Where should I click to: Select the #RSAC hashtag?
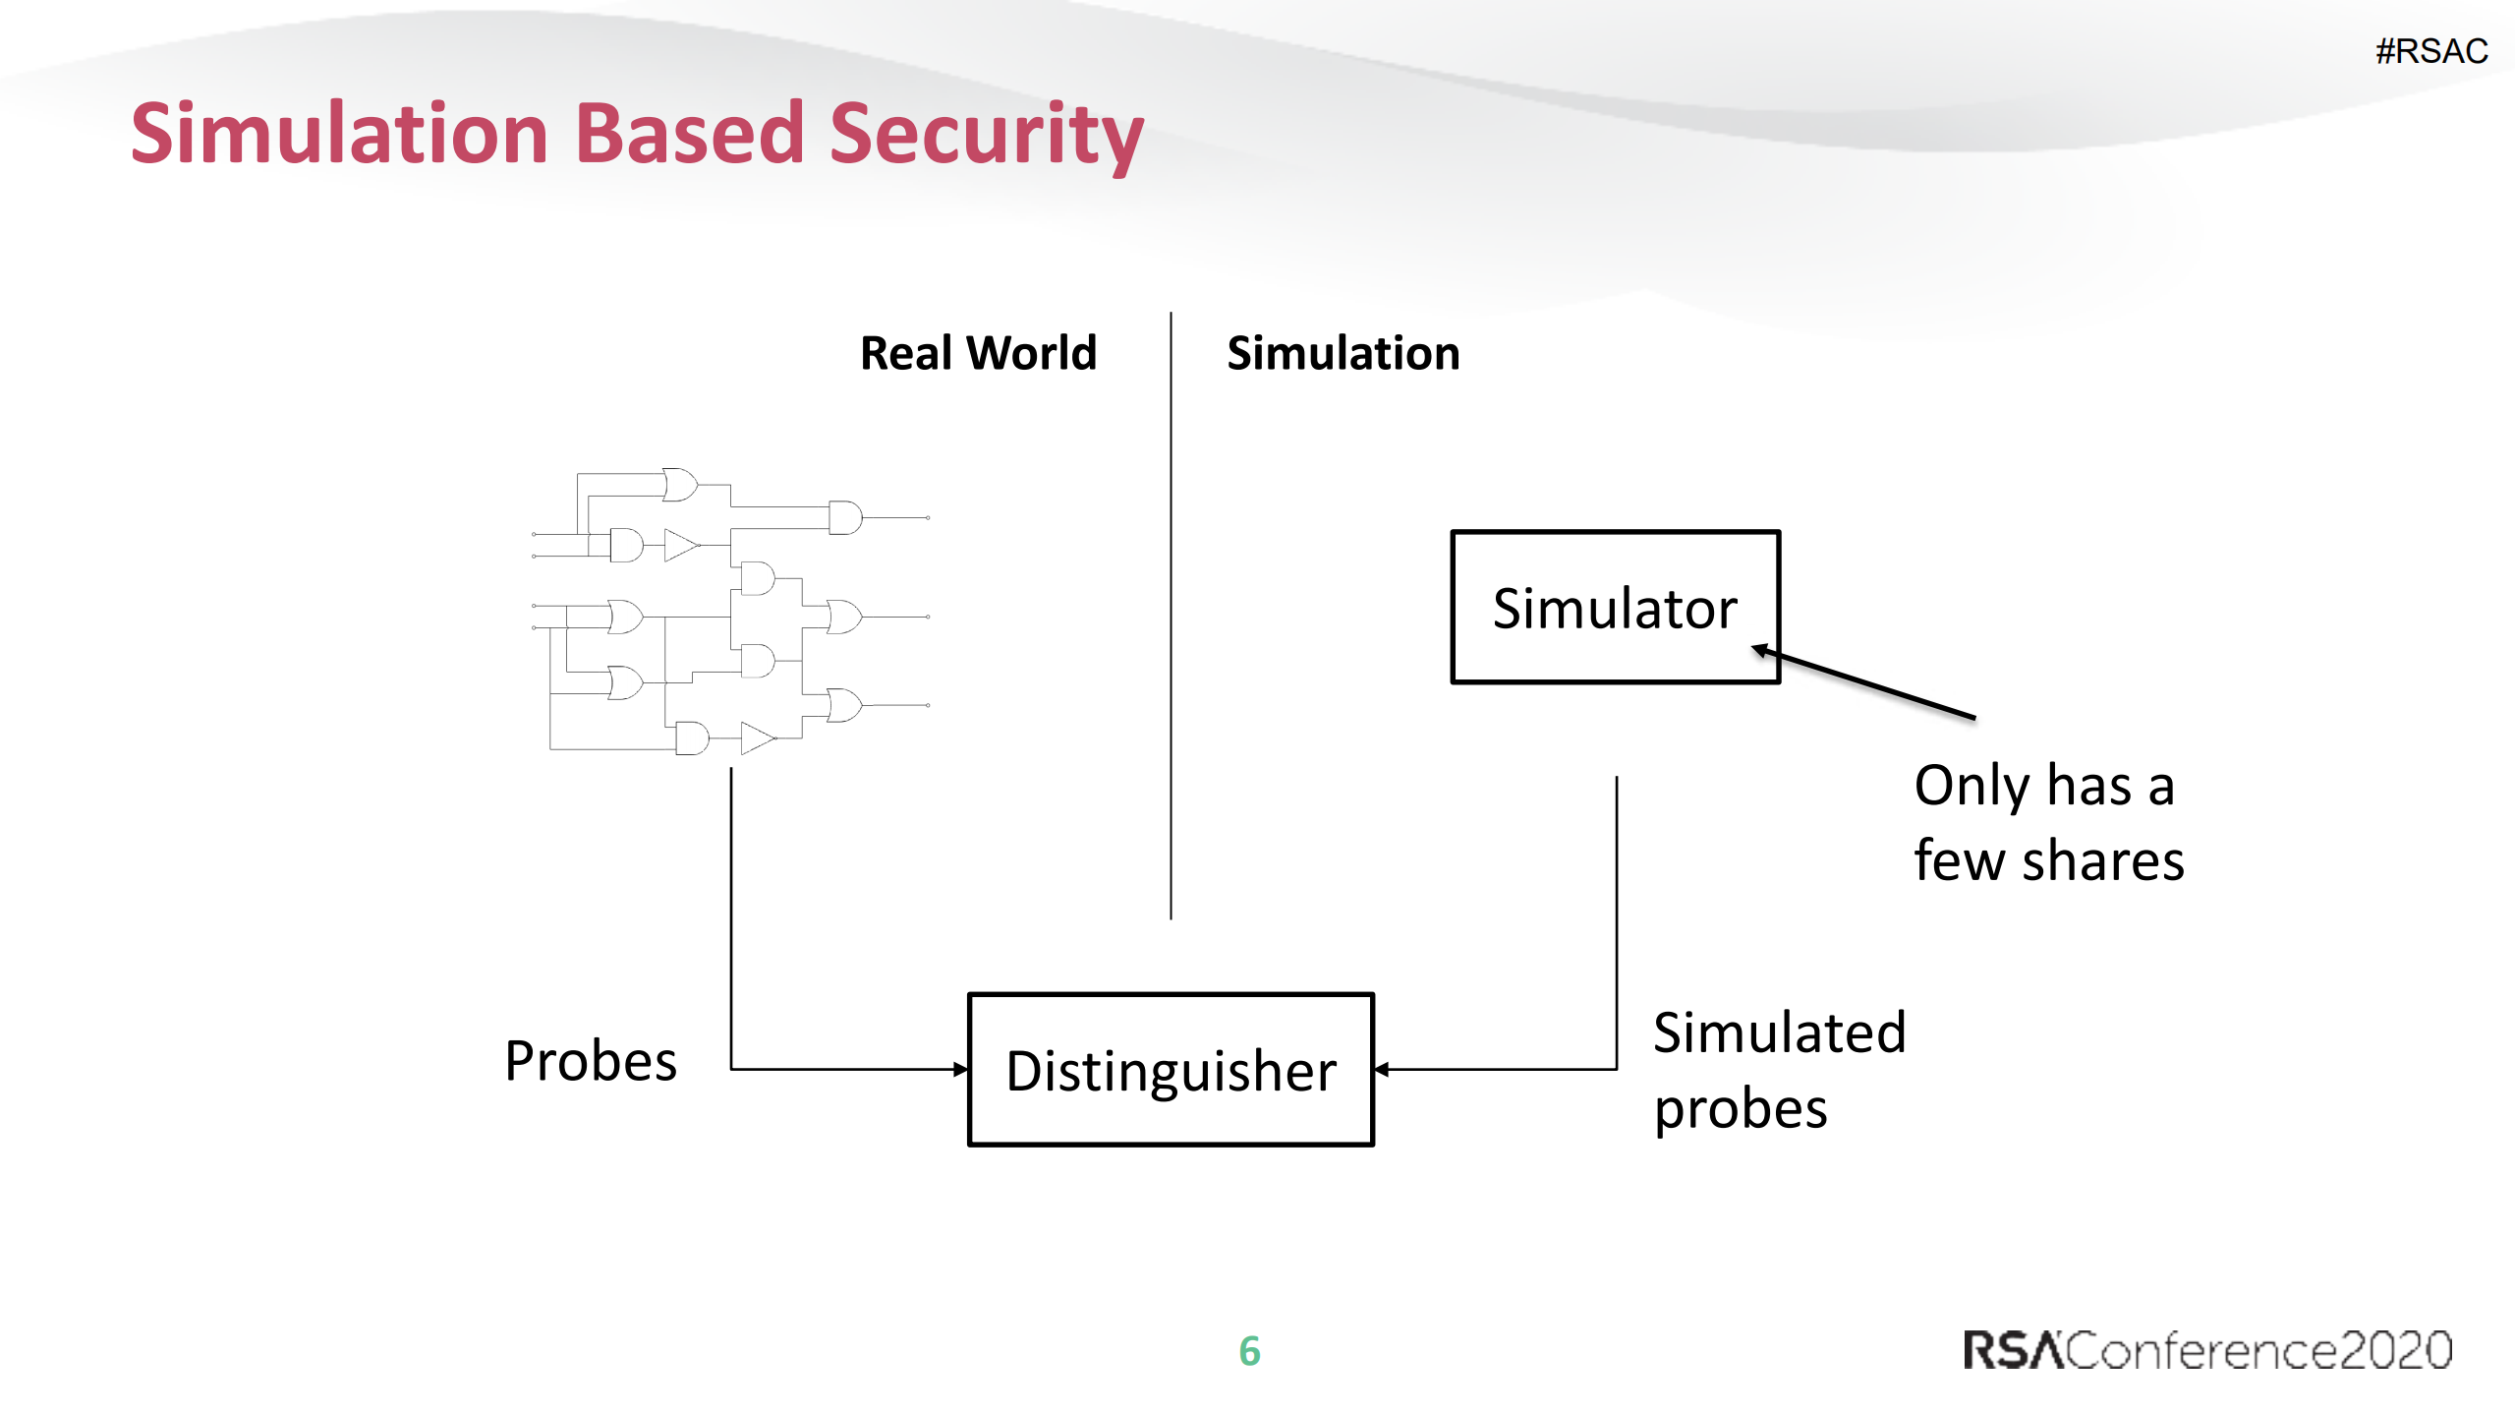2430,51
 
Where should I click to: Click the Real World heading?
978,353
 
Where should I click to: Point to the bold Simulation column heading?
1343,353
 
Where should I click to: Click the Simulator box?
1615,607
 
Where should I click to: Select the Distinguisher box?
1171,1070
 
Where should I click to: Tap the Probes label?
591,1061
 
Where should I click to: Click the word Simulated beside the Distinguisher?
1779,1032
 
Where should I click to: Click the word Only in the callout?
1972,787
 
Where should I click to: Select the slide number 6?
1249,1351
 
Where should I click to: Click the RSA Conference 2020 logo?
2206,1350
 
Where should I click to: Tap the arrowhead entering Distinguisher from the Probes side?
961,1069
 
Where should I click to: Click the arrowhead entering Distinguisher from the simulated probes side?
1382,1069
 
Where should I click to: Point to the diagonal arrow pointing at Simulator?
1867,683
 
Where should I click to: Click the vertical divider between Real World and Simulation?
1171,615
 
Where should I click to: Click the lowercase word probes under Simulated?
1740,1110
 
